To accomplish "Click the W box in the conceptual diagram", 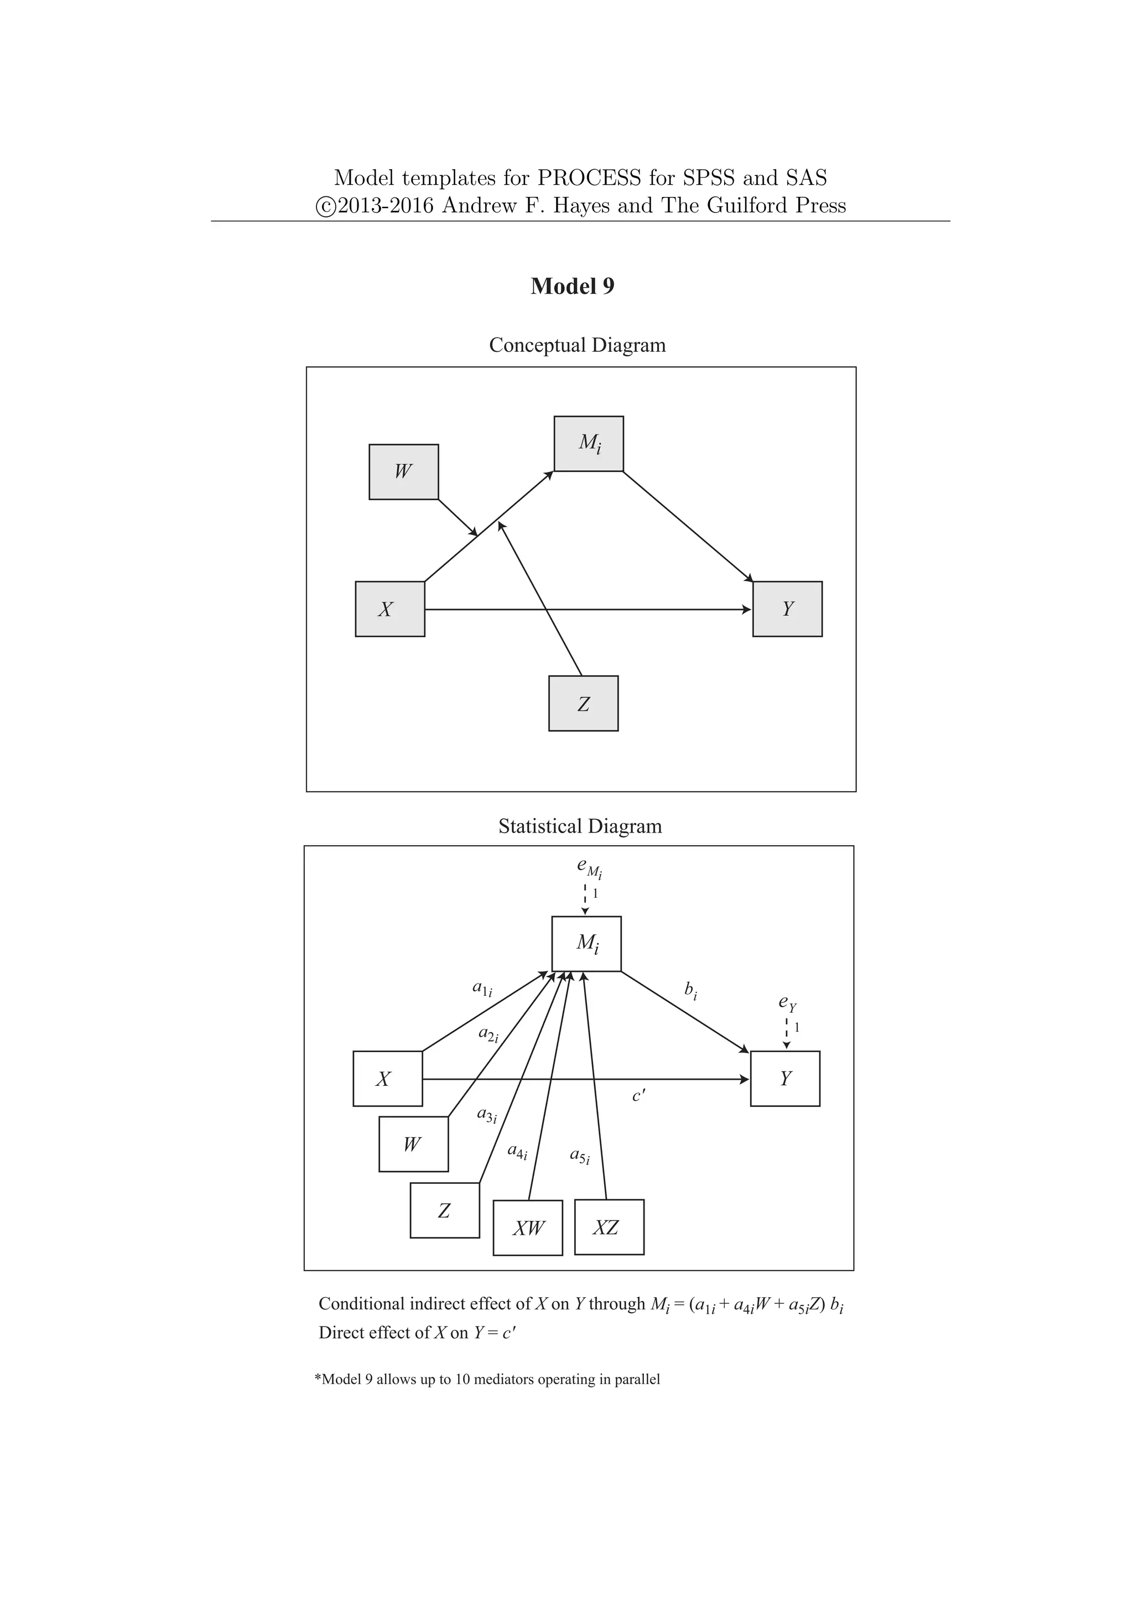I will click(403, 472).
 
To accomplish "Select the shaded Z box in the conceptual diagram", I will click(583, 703).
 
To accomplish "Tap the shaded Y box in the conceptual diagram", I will click(787, 609).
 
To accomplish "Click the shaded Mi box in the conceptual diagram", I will click(589, 444).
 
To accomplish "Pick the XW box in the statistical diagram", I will click(527, 1228).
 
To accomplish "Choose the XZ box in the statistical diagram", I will click(609, 1227).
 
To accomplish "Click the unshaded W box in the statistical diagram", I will click(413, 1145).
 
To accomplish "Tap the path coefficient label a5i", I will click(580, 1156).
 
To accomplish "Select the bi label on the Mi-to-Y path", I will click(690, 990).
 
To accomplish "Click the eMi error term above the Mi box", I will click(589, 867).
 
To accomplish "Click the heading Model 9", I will click(572, 286).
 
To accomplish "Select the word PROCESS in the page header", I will click(589, 178).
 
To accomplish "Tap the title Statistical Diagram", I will click(580, 826).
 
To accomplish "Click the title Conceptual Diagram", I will click(577, 345).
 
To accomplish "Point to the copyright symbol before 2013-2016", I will click(325, 206).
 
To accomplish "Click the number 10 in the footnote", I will click(462, 1380).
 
